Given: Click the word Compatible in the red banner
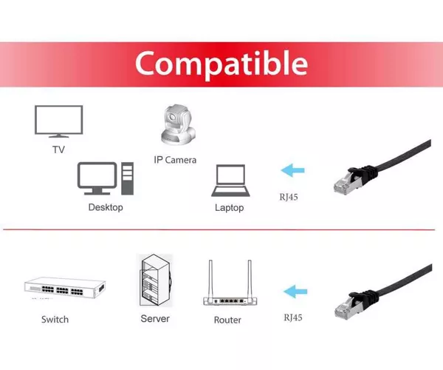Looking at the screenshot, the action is (x=221, y=64).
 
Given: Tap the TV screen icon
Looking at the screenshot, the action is (x=59, y=121).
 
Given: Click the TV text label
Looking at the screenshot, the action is (x=59, y=149).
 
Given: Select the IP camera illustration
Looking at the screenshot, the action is (x=178, y=125).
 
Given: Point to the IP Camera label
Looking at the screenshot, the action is (x=175, y=160).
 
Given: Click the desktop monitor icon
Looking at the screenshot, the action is (x=97, y=178).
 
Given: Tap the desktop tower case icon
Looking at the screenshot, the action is (x=128, y=178).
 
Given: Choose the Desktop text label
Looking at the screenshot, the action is (x=106, y=207).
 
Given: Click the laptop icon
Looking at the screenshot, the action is (x=230, y=181).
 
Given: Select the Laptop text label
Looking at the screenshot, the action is (x=230, y=208).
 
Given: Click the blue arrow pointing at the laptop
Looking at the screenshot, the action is (x=292, y=170).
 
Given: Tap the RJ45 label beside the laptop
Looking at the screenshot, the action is (x=289, y=197).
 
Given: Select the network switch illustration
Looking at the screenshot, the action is (x=65, y=288).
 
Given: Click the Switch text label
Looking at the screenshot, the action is (x=55, y=320).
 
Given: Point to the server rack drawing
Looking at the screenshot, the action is (x=156, y=280).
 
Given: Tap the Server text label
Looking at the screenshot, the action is (x=155, y=319).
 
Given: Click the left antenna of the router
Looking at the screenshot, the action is (x=210, y=278).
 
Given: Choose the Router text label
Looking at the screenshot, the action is (x=227, y=320).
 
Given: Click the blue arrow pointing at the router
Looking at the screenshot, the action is (x=295, y=292).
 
